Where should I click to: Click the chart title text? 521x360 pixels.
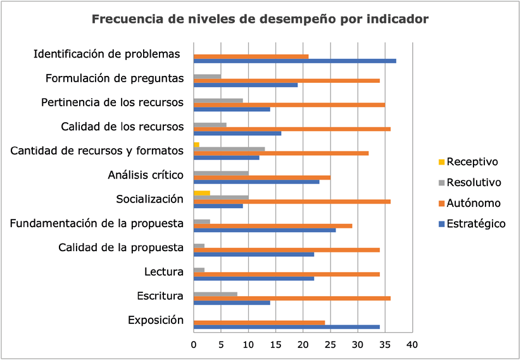[x=260, y=19]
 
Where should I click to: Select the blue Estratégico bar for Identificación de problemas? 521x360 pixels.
[x=294, y=61]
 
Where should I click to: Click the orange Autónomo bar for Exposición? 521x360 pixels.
[x=259, y=322]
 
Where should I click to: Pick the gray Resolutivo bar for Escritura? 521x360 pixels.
[x=215, y=294]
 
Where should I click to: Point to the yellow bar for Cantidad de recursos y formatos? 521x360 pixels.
[x=196, y=145]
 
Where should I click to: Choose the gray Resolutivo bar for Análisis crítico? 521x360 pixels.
[x=220, y=173]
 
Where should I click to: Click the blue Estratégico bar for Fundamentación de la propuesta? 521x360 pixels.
[x=264, y=230]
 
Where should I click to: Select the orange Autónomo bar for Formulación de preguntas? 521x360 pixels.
[x=286, y=80]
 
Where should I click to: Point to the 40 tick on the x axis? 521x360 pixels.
[x=412, y=345]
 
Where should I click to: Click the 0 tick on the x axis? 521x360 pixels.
[x=194, y=345]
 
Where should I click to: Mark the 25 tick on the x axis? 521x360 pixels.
[x=330, y=345]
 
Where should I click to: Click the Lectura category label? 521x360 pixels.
[x=164, y=272]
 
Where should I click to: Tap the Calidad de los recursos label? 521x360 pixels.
[x=122, y=127]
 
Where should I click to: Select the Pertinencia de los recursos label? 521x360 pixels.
[x=112, y=102]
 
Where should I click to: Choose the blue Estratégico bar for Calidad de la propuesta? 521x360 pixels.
[x=253, y=254]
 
